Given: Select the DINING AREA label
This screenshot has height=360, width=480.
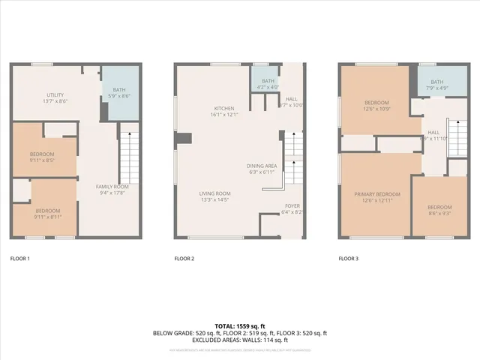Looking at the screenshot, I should (x=262, y=168).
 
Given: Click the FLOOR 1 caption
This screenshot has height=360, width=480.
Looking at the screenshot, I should (x=19, y=259).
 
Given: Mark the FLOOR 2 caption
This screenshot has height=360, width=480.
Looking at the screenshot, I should (x=184, y=259).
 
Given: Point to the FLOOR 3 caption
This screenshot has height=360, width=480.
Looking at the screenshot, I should (x=349, y=259).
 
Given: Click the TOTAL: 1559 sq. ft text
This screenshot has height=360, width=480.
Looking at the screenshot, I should (x=240, y=326).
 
